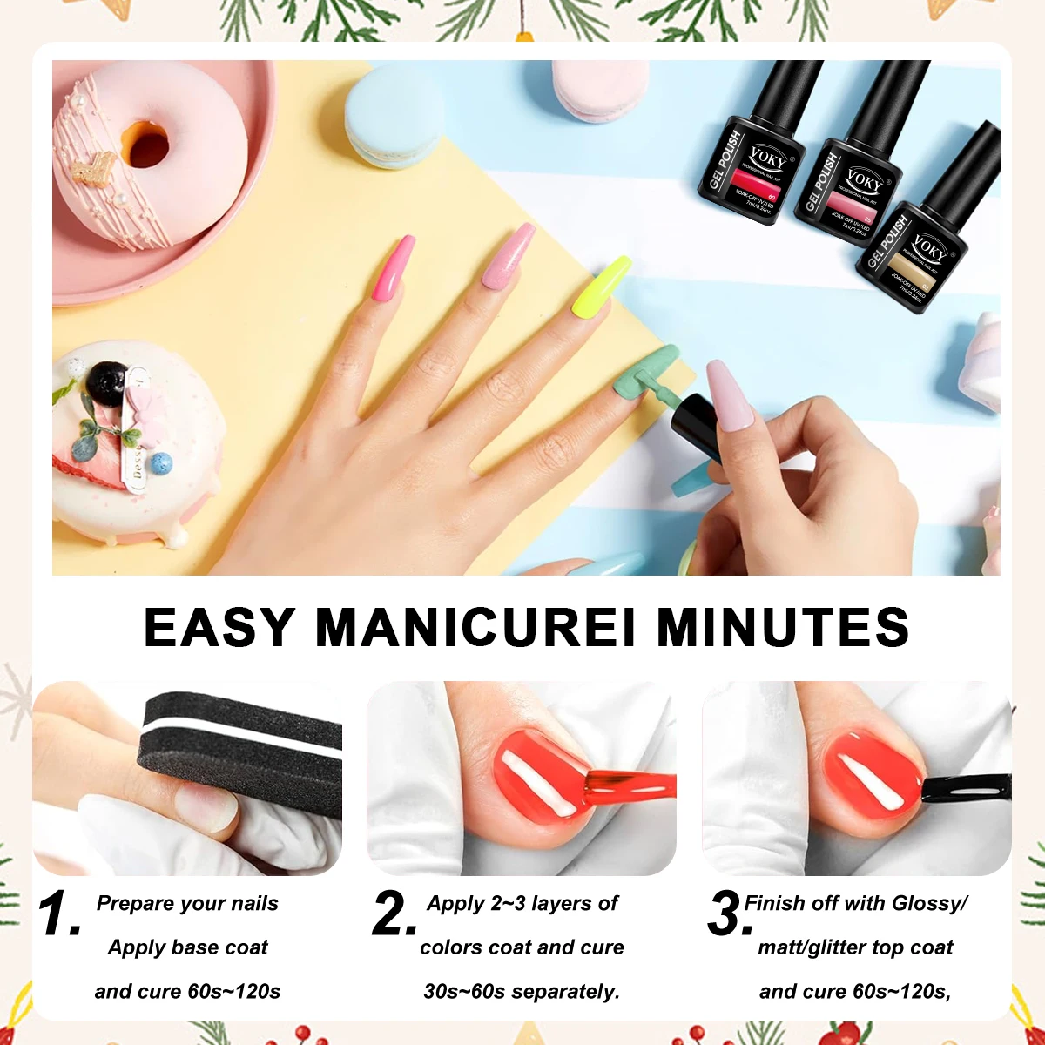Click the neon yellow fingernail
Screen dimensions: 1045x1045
pos(601,286)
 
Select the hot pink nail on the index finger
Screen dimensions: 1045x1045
pos(390,270)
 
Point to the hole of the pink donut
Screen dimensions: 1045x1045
pos(145,144)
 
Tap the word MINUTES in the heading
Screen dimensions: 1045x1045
pos(783,627)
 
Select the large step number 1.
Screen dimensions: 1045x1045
pos(58,914)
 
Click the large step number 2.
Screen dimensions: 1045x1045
pos(394,914)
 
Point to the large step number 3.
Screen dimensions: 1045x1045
pos(728,914)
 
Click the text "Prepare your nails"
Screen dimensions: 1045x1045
pos(187,903)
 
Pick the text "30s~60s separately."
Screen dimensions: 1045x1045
pos(522,991)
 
